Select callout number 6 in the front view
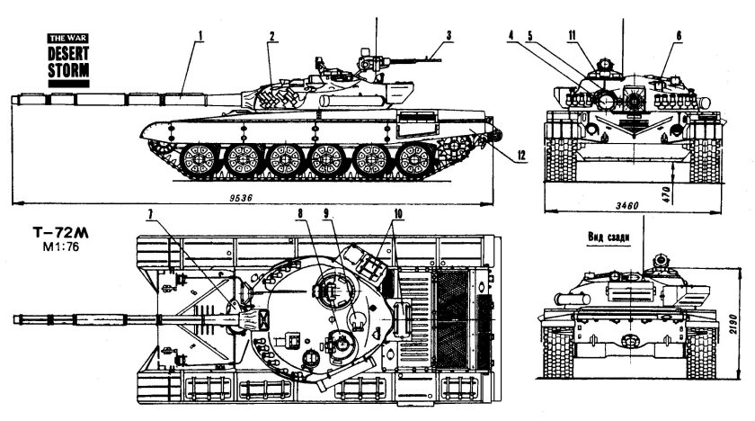point(679,35)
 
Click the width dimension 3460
point(629,207)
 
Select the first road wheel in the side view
point(199,160)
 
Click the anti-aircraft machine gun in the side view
point(395,60)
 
